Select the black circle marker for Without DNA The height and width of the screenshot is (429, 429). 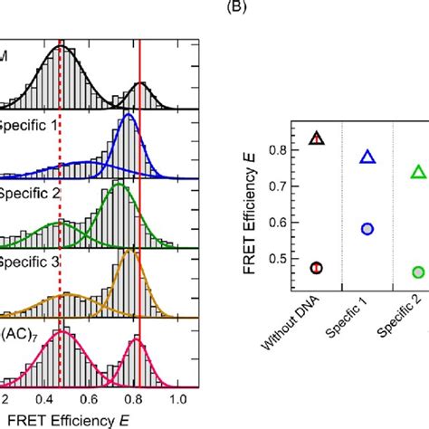coord(316,267)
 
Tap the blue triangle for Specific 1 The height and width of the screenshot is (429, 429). coord(367,157)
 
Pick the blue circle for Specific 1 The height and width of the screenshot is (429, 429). coord(367,229)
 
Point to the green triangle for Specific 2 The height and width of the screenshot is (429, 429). coord(418,172)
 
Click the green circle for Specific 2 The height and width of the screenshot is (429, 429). coord(418,272)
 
